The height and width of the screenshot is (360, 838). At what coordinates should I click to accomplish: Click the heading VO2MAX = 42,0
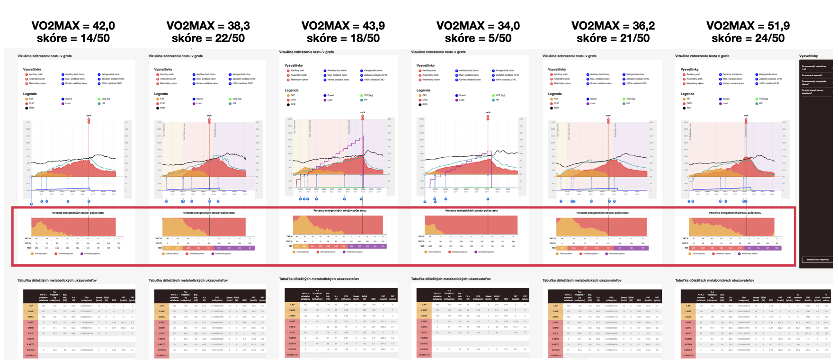(73, 26)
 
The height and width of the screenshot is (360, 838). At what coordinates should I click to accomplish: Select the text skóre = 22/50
(208, 38)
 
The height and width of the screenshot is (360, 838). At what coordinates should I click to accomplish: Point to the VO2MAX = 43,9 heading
(343, 26)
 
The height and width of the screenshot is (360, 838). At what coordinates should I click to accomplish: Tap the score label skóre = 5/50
(478, 38)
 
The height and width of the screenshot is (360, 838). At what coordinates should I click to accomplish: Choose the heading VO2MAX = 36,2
(613, 26)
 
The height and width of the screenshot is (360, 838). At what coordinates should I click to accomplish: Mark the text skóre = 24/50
(748, 38)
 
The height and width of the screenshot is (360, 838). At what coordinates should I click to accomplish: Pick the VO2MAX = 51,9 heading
(748, 26)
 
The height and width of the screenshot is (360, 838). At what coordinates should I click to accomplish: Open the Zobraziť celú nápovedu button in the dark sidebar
(816, 260)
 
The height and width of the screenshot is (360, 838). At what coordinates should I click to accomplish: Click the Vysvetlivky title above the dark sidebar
(808, 56)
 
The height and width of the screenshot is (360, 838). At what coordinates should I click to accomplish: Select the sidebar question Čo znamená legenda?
(812, 75)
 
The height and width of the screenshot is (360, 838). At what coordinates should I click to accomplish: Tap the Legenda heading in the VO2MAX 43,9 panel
(291, 90)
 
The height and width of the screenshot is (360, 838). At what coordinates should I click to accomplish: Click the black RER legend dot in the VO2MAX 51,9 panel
(684, 108)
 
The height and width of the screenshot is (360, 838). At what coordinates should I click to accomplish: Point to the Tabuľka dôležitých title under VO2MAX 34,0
(451, 279)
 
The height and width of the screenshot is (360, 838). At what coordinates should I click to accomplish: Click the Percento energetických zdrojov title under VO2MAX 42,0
(77, 213)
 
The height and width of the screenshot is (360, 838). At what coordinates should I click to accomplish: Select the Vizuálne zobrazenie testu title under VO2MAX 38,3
(176, 56)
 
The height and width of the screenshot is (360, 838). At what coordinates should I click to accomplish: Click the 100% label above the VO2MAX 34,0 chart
(488, 113)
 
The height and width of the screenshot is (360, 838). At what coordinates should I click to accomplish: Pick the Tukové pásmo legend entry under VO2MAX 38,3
(172, 253)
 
